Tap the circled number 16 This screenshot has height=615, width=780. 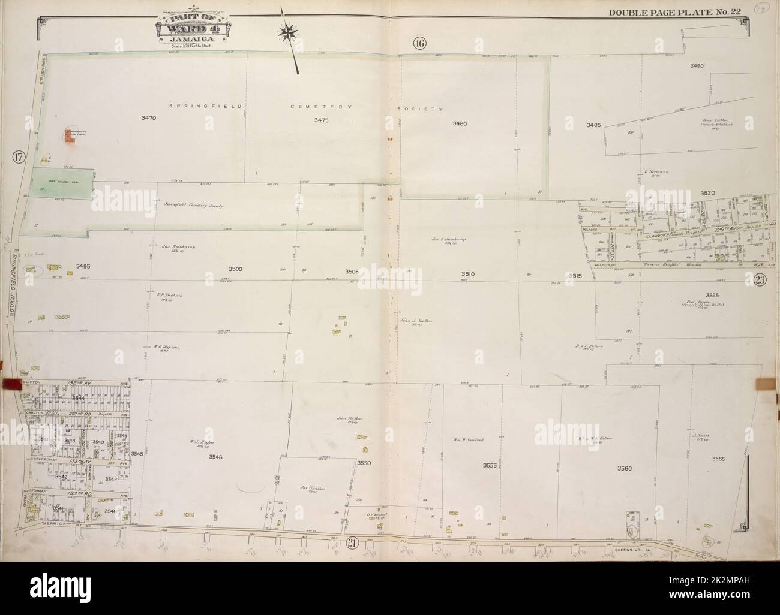(x=419, y=43)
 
